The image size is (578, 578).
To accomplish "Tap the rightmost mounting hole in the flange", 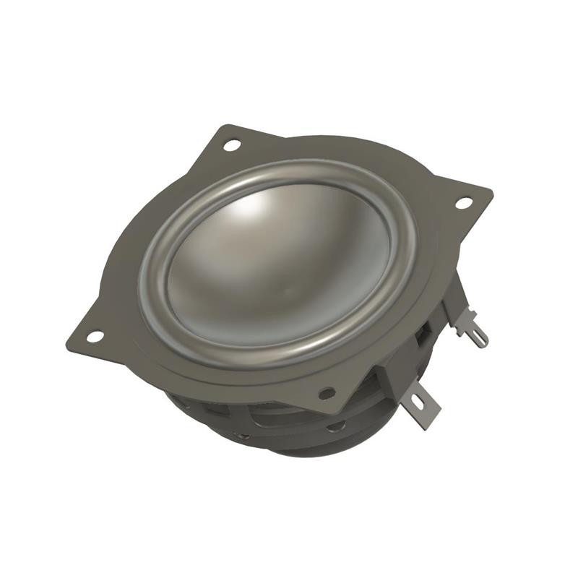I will tap(464, 202).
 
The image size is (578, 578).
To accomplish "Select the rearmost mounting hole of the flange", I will tap(231, 144).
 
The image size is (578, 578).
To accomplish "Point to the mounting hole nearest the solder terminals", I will tap(327, 394).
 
